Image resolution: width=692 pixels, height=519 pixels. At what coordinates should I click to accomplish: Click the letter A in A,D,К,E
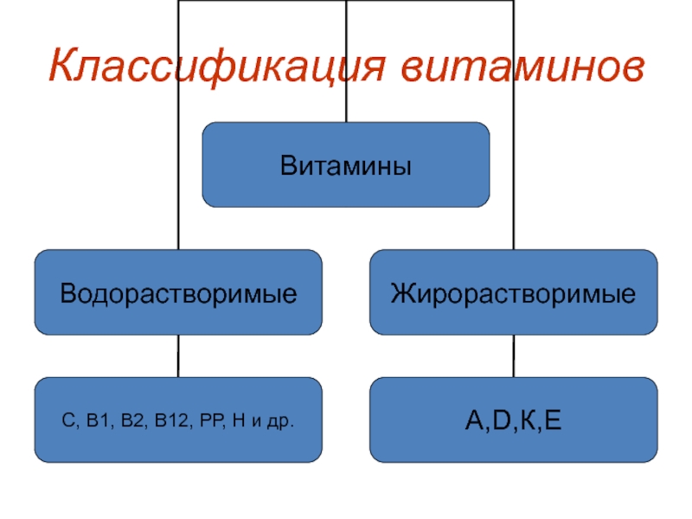[472, 423]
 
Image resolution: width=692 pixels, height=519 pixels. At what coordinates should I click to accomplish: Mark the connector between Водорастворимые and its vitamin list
[178, 356]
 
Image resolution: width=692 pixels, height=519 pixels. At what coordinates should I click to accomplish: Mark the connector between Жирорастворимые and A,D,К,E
[513, 356]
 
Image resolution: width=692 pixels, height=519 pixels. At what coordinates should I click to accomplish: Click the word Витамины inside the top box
[345, 164]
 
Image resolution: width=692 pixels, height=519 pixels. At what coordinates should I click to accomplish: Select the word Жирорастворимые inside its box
[513, 293]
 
